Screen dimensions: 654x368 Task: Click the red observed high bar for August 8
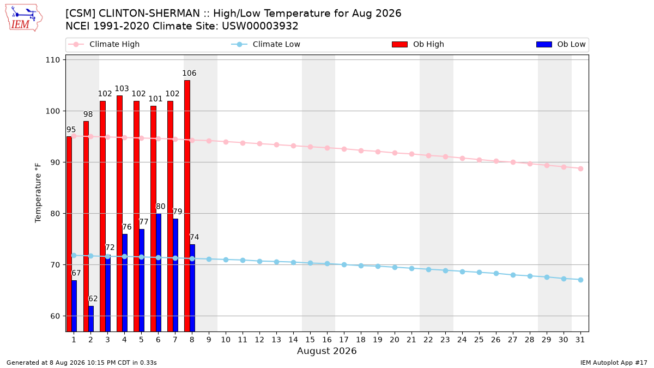point(187,206)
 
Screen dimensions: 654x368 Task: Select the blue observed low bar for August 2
point(91,318)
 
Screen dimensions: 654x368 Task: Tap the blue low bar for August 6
point(159,273)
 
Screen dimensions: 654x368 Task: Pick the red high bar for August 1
point(69,234)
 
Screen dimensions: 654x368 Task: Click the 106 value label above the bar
point(189,73)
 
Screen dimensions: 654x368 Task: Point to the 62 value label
point(93,299)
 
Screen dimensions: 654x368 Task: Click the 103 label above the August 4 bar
point(122,88)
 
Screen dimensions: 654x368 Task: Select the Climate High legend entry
point(104,44)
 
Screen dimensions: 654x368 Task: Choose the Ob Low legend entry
point(561,44)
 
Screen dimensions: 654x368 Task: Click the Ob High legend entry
point(418,44)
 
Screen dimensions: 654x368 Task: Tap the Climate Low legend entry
point(266,44)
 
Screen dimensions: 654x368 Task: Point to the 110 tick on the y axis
point(52,60)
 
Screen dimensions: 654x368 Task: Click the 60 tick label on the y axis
point(55,316)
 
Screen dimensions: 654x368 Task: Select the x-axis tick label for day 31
point(580,340)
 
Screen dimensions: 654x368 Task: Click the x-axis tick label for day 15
point(310,340)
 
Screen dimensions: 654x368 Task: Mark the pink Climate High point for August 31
point(580,168)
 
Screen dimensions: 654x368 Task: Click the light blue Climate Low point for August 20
point(395,267)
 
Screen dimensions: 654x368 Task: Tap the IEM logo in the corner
point(24,18)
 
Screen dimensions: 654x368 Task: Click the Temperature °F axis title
point(38,193)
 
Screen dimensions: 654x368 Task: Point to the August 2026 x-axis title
point(326,351)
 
